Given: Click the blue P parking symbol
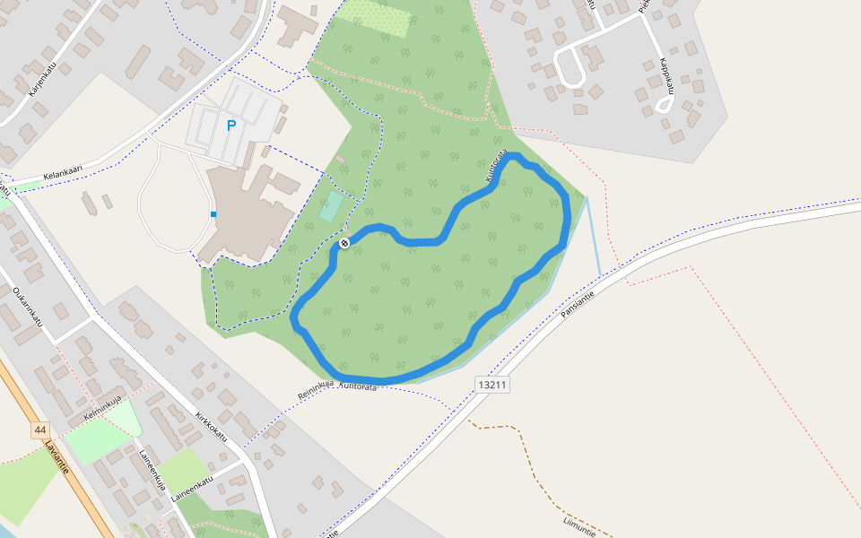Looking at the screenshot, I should point(231,126).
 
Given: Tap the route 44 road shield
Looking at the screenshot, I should point(39,430).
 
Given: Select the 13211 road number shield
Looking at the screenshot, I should point(492,385).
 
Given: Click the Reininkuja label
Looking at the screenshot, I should point(316,388).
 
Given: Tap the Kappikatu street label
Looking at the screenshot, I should point(667,77).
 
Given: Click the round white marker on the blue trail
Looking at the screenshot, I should point(344,243).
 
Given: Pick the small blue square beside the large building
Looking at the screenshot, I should point(213,214).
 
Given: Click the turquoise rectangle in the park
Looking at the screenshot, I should point(331,207).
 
